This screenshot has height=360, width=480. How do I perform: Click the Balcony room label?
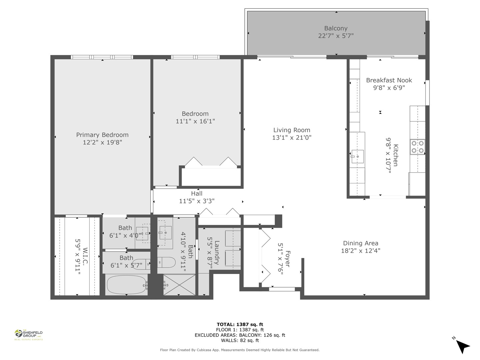click(x=336, y=28)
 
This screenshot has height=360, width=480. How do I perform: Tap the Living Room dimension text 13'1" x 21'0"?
click(x=292, y=137)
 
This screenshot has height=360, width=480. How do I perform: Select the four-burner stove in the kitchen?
click(x=417, y=147)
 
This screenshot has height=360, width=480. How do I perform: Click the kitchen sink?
click(x=357, y=157)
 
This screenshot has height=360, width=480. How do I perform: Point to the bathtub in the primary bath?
click(x=127, y=285)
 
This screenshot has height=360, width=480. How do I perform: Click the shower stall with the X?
click(x=179, y=285)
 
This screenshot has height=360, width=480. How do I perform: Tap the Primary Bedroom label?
click(x=102, y=135)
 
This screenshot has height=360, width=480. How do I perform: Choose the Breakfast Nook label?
click(x=389, y=80)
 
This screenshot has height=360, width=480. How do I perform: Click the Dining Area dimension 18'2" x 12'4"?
click(x=361, y=250)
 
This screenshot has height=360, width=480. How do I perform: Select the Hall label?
click(x=197, y=193)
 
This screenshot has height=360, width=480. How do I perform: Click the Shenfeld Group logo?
click(x=29, y=335)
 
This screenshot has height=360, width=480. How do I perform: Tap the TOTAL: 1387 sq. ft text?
click(x=240, y=324)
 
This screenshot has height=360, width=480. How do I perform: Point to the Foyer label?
click(x=288, y=259)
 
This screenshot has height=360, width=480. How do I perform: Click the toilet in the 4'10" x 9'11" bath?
click(x=166, y=262)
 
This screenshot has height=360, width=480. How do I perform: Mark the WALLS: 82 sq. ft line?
click(x=240, y=340)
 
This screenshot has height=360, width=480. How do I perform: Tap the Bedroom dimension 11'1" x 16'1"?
click(x=195, y=121)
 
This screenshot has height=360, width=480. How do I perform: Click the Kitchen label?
click(x=396, y=155)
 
